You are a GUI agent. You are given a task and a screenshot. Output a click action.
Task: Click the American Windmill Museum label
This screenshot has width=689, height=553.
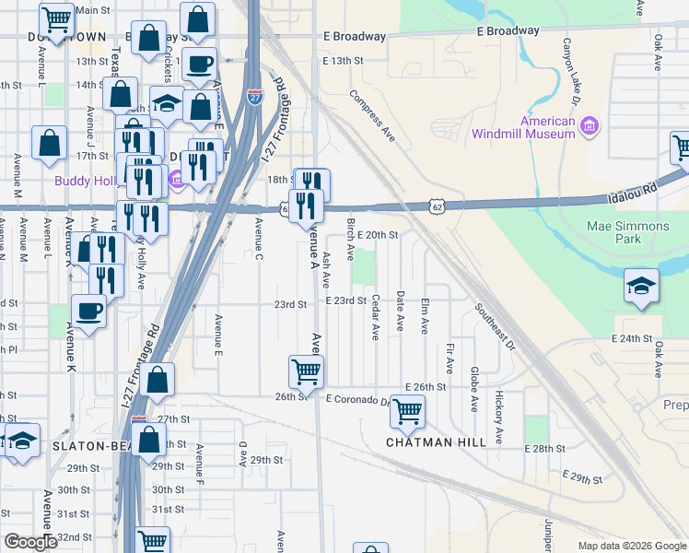pos(522,127)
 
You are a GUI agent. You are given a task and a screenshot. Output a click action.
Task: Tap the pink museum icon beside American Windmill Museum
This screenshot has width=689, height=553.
pos(590,124)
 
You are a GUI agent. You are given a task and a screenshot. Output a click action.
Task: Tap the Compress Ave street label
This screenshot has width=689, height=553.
pos(372,115)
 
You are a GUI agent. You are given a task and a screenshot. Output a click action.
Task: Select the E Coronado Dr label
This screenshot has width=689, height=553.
pos(359,399)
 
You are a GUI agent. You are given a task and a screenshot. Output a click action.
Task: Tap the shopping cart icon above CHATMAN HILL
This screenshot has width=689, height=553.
pos(407,411)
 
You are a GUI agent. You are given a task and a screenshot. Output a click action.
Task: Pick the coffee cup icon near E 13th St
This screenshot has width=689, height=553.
pos(199,65)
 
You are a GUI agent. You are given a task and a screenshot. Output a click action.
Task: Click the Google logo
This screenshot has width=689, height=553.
pos(29,543)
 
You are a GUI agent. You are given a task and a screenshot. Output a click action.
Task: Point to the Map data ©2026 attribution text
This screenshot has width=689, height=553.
pos(631,546)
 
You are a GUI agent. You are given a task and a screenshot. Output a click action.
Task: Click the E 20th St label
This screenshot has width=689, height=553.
pos(378,235)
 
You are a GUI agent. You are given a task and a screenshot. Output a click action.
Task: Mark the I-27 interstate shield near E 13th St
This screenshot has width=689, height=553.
pos(255,94)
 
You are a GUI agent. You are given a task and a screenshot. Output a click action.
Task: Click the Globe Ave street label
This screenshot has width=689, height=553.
pos(473,390)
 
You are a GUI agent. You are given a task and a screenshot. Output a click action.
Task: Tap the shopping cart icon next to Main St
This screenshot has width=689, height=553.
pos(57,18)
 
